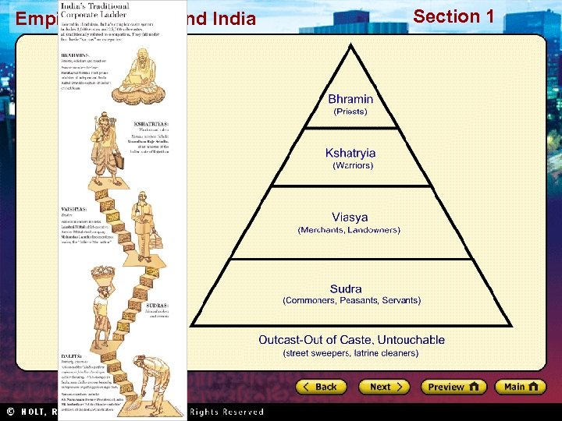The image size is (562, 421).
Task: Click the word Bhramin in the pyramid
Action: coord(350,99)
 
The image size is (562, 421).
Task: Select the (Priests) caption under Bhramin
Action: coord(350,111)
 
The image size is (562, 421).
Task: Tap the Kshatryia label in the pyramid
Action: coord(350,154)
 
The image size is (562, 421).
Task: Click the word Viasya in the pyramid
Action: coord(349,218)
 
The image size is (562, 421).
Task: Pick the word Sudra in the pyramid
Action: coord(346,289)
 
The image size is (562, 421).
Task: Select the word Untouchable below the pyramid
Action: coord(413,340)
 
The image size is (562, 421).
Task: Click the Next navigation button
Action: coord(383,387)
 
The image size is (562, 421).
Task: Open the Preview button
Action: coord(453,387)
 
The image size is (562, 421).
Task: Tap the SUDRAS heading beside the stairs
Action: coord(157,306)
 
